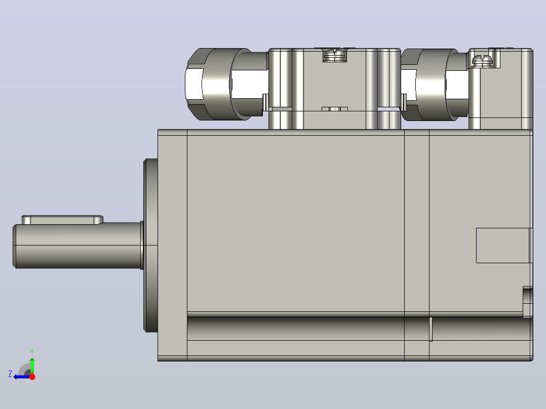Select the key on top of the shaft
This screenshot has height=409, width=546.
63,220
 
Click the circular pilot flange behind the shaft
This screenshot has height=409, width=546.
150,246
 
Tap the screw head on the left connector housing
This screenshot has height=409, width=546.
335,55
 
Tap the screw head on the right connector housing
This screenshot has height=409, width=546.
482,61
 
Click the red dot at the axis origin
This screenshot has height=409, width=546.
32,377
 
